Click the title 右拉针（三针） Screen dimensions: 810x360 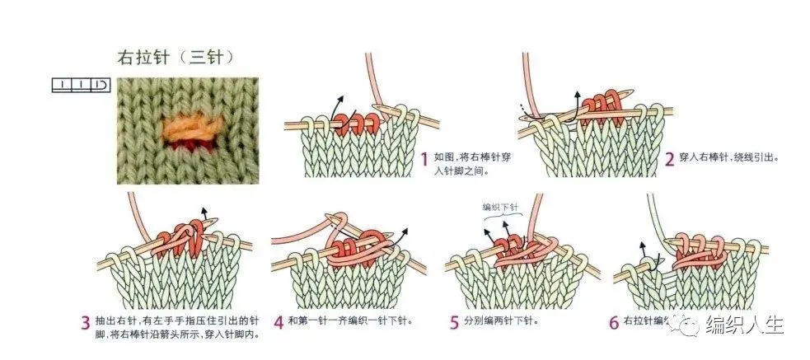(x=175, y=59)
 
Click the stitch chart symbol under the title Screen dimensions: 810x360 (x=81, y=84)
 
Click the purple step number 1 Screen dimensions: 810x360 (x=423, y=157)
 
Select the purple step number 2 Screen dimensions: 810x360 (x=670, y=157)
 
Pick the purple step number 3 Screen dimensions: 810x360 (x=86, y=322)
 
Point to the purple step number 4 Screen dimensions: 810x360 (x=279, y=321)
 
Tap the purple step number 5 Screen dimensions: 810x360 (x=454, y=321)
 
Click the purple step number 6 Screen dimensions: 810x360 (x=613, y=322)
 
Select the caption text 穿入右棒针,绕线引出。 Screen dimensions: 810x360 (x=730, y=157)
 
